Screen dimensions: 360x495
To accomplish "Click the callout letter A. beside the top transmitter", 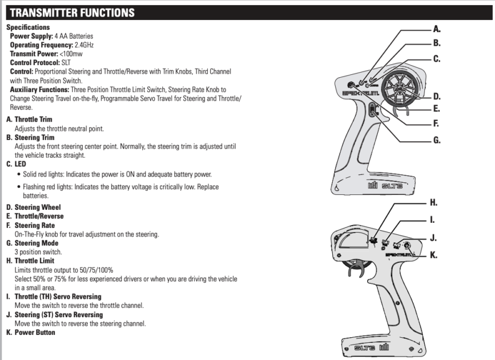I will click(x=437, y=29).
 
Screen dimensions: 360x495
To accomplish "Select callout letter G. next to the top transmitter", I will click(x=437, y=139).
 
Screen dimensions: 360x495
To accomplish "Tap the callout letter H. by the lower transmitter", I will click(x=434, y=203).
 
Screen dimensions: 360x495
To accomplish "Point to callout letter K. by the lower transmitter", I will click(x=434, y=255).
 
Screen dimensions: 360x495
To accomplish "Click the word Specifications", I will click(x=27, y=27).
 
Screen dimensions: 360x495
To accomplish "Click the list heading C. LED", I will click(x=16, y=163).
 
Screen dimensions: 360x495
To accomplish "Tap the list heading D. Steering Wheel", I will click(x=33, y=207).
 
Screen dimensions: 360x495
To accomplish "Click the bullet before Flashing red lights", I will click(x=19, y=186).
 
